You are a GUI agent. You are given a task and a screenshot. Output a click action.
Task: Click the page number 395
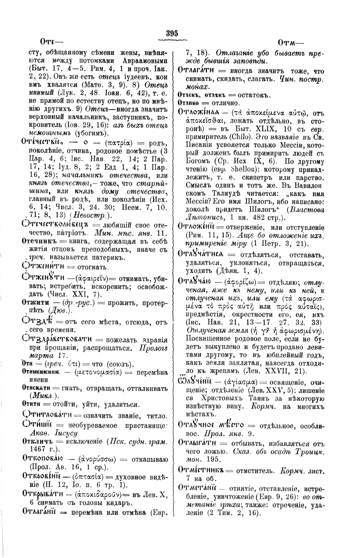[172, 33]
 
